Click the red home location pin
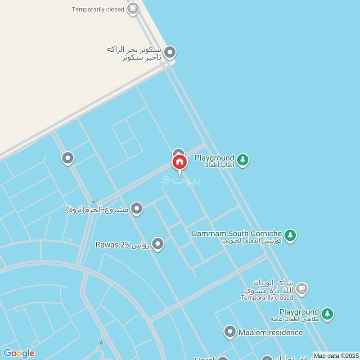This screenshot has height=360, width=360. tap(180, 163)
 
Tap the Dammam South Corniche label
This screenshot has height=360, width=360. tap(237, 234)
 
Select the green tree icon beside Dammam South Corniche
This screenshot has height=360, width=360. tap(290, 235)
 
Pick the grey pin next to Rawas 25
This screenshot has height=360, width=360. tap(157, 244)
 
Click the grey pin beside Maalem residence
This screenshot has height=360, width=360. tap(230, 332)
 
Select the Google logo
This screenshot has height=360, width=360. tap(18, 353)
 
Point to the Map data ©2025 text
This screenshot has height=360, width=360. tap(336, 355)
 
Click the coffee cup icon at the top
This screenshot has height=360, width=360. tap(132, 9)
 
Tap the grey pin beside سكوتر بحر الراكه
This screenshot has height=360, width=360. tap(170, 53)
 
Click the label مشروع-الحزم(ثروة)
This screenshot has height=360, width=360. tap(98, 209)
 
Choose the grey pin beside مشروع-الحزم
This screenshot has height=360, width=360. tap(137, 208)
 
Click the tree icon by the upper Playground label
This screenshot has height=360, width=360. tap(243, 160)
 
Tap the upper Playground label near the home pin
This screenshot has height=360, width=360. tap(214, 158)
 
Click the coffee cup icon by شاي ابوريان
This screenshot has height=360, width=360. tap(302, 289)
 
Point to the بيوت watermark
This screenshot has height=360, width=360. tap(181, 180)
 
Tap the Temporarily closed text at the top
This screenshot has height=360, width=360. tap(98, 9)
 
